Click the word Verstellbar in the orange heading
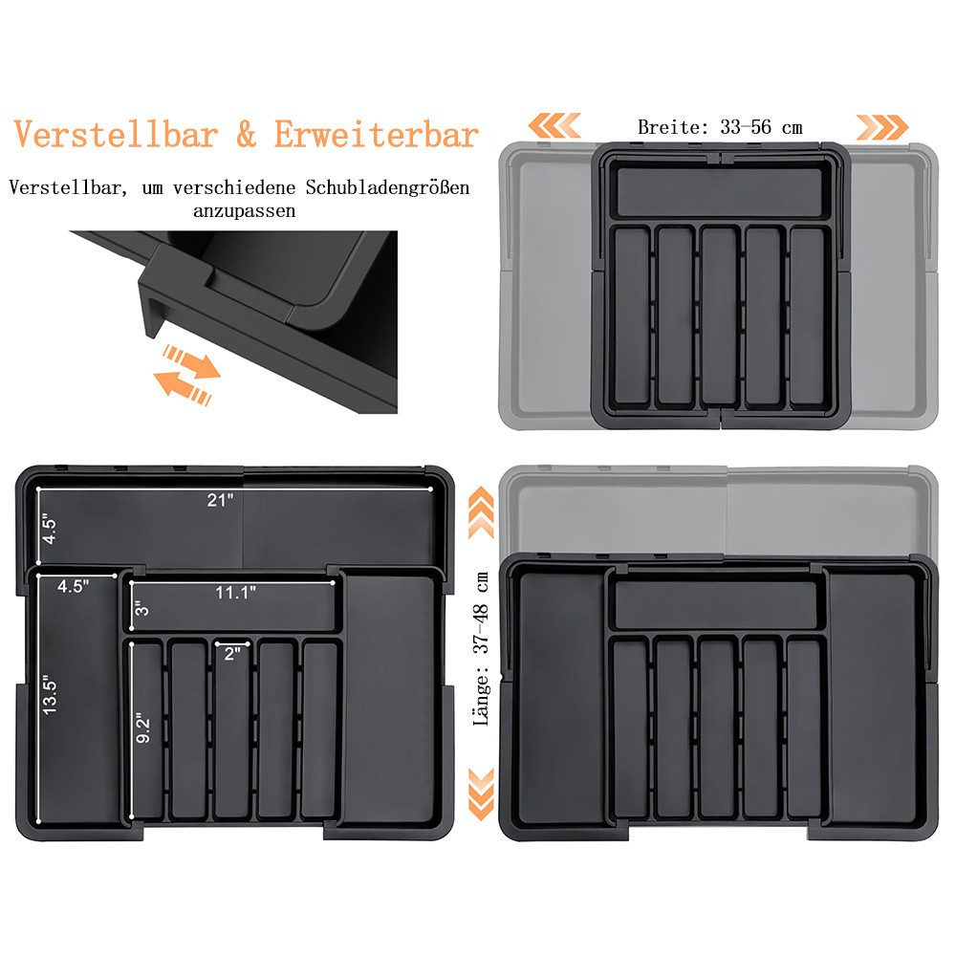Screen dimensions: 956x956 coord(116,135)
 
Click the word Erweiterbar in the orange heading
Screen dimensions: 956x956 coord(376,135)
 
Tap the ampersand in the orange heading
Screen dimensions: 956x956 coord(246,136)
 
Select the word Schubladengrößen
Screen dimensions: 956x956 coord(388,187)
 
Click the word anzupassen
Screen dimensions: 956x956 coord(245,211)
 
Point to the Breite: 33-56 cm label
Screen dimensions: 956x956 coord(720,127)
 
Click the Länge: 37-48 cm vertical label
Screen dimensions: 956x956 coord(482,649)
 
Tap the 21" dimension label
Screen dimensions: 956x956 coord(220,500)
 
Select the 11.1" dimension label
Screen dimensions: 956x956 coord(235,592)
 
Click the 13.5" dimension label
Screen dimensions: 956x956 coord(50,694)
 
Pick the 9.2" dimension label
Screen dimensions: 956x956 coord(142,728)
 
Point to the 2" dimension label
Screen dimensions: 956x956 coord(232,654)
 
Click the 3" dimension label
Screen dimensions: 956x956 coord(141,608)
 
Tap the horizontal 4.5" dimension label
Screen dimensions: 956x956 coord(74,587)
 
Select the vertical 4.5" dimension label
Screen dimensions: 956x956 coord(49,531)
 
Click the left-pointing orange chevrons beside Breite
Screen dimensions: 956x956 coord(554,125)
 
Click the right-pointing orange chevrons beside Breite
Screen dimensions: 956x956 coord(882,127)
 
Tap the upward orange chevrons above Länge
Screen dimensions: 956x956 coord(481,512)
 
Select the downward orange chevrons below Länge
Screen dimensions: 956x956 coord(481,793)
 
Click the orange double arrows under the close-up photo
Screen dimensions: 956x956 coord(186,375)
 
